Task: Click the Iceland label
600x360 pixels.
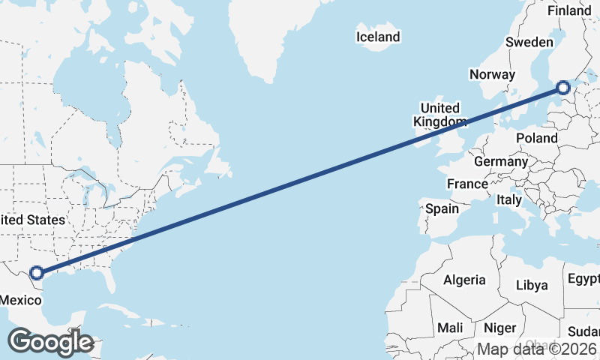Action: coord(378,37)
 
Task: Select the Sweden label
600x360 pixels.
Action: coord(529,42)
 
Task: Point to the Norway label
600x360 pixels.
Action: coord(492,74)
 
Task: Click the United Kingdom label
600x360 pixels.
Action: coord(440,115)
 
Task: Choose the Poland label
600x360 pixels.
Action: coord(537,138)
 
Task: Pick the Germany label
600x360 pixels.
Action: coord(501,161)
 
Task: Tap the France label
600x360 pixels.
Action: coord(467,184)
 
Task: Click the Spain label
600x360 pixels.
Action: coord(442,208)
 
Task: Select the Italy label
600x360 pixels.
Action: coord(509,200)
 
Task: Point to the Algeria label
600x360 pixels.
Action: coord(464,280)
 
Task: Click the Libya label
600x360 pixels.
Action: coord(532,285)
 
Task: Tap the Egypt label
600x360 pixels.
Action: coord(583,279)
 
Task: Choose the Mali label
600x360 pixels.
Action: coord(450,328)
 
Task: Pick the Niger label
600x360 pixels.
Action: coord(500,328)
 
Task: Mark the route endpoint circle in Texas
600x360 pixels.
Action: coord(36,274)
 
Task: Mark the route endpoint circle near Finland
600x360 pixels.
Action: coord(563,88)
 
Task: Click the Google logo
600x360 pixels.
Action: coord(49,342)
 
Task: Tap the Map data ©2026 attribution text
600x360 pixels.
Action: coord(537,349)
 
